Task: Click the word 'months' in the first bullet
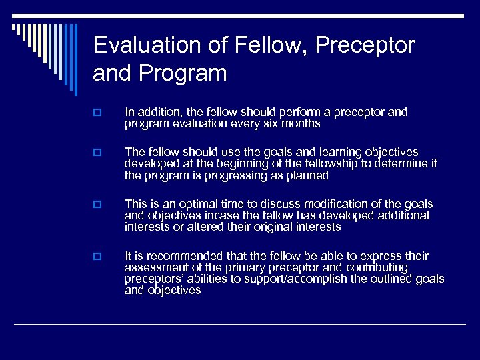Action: (300, 124)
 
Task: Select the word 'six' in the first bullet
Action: (269, 124)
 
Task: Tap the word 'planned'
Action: (306, 175)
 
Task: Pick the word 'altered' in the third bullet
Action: (203, 227)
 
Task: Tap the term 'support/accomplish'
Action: (294, 279)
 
